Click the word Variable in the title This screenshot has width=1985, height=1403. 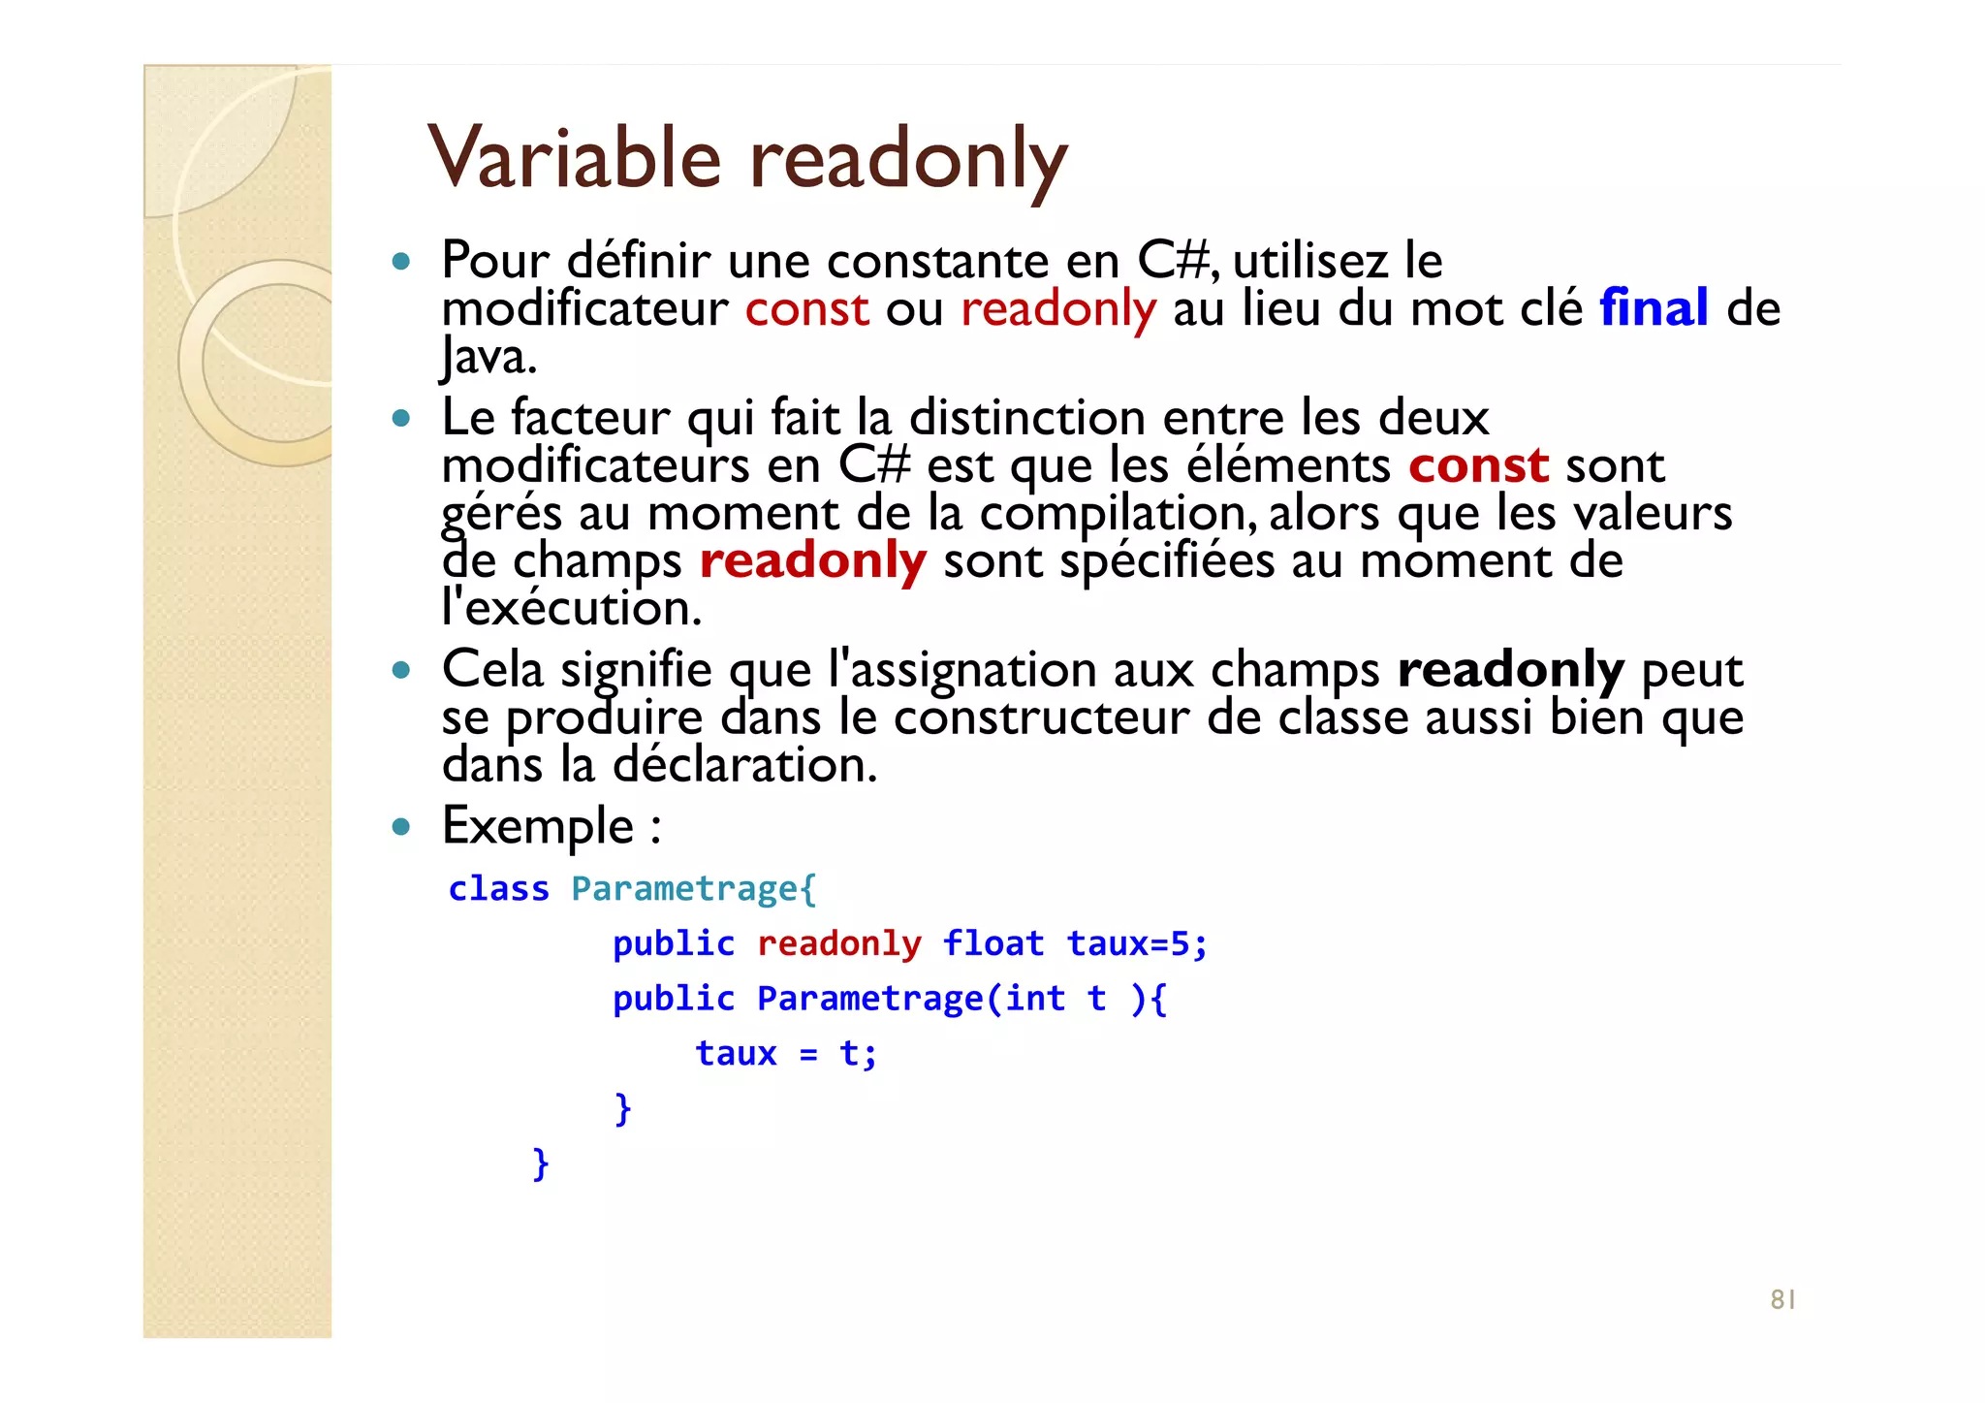(574, 158)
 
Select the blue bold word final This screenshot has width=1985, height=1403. (1654, 308)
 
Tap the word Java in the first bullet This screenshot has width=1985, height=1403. (488, 357)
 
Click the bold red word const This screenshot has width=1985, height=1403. (1478, 465)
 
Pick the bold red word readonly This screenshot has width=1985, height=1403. (812, 561)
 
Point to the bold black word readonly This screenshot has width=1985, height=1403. (1510, 670)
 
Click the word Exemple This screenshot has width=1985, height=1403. (538, 826)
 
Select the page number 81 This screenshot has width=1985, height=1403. (1782, 1299)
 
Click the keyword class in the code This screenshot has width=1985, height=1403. (498, 889)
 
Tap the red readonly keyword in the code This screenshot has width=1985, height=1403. (838, 943)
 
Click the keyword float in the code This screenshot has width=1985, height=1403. (993, 943)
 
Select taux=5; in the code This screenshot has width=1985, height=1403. (1137, 943)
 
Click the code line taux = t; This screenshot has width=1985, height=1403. (786, 1054)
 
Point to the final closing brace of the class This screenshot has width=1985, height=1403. (541, 1163)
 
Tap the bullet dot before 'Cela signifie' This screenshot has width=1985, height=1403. (401, 670)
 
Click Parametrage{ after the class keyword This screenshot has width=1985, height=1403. (693, 889)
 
